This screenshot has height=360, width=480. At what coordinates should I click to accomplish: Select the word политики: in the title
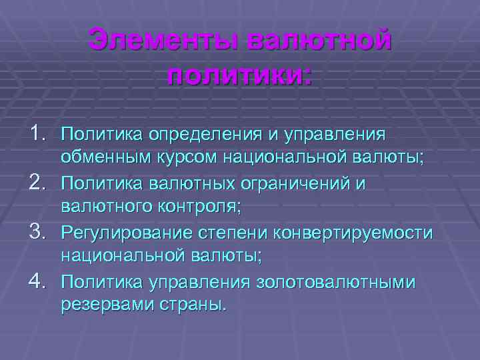239,73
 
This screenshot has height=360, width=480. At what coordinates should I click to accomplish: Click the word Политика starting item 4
99,282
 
